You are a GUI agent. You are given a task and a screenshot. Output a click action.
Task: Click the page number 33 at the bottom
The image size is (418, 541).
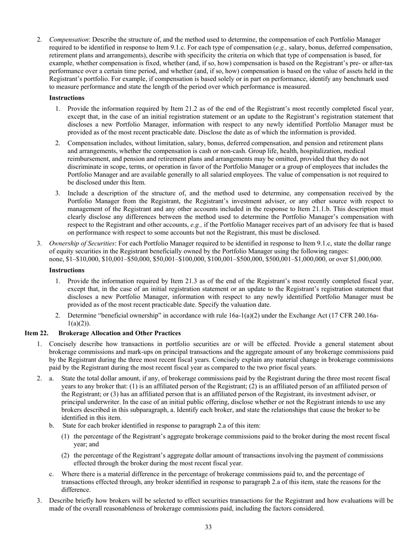(x=208, y=527)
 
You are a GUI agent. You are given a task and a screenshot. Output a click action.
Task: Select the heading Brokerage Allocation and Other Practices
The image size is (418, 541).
(x=119, y=333)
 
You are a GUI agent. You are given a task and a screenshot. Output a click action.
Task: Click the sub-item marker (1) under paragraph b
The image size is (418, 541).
(x=66, y=436)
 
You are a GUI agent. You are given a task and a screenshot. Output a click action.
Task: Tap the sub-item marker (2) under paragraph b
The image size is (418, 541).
(x=66, y=455)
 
